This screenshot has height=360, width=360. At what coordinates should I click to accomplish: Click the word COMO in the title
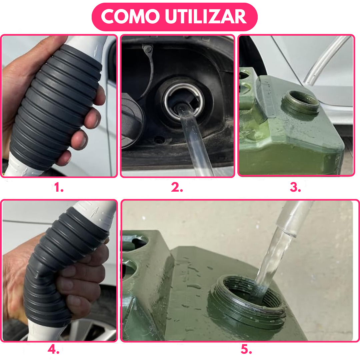[x=130, y=17]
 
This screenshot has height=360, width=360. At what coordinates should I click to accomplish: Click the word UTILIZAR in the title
[x=206, y=17]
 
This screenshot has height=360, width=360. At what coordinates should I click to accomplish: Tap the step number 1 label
[x=59, y=187]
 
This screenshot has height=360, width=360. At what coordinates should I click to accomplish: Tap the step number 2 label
[x=177, y=187]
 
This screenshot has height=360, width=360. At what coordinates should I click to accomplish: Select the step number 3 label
[x=295, y=187]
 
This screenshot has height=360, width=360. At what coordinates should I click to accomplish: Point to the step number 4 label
[x=53, y=349]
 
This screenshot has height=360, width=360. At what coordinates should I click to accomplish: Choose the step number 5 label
[x=246, y=349]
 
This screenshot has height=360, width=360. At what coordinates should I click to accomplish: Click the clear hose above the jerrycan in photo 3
[x=326, y=60]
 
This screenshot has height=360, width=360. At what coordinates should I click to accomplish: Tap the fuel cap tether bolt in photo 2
[x=147, y=49]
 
